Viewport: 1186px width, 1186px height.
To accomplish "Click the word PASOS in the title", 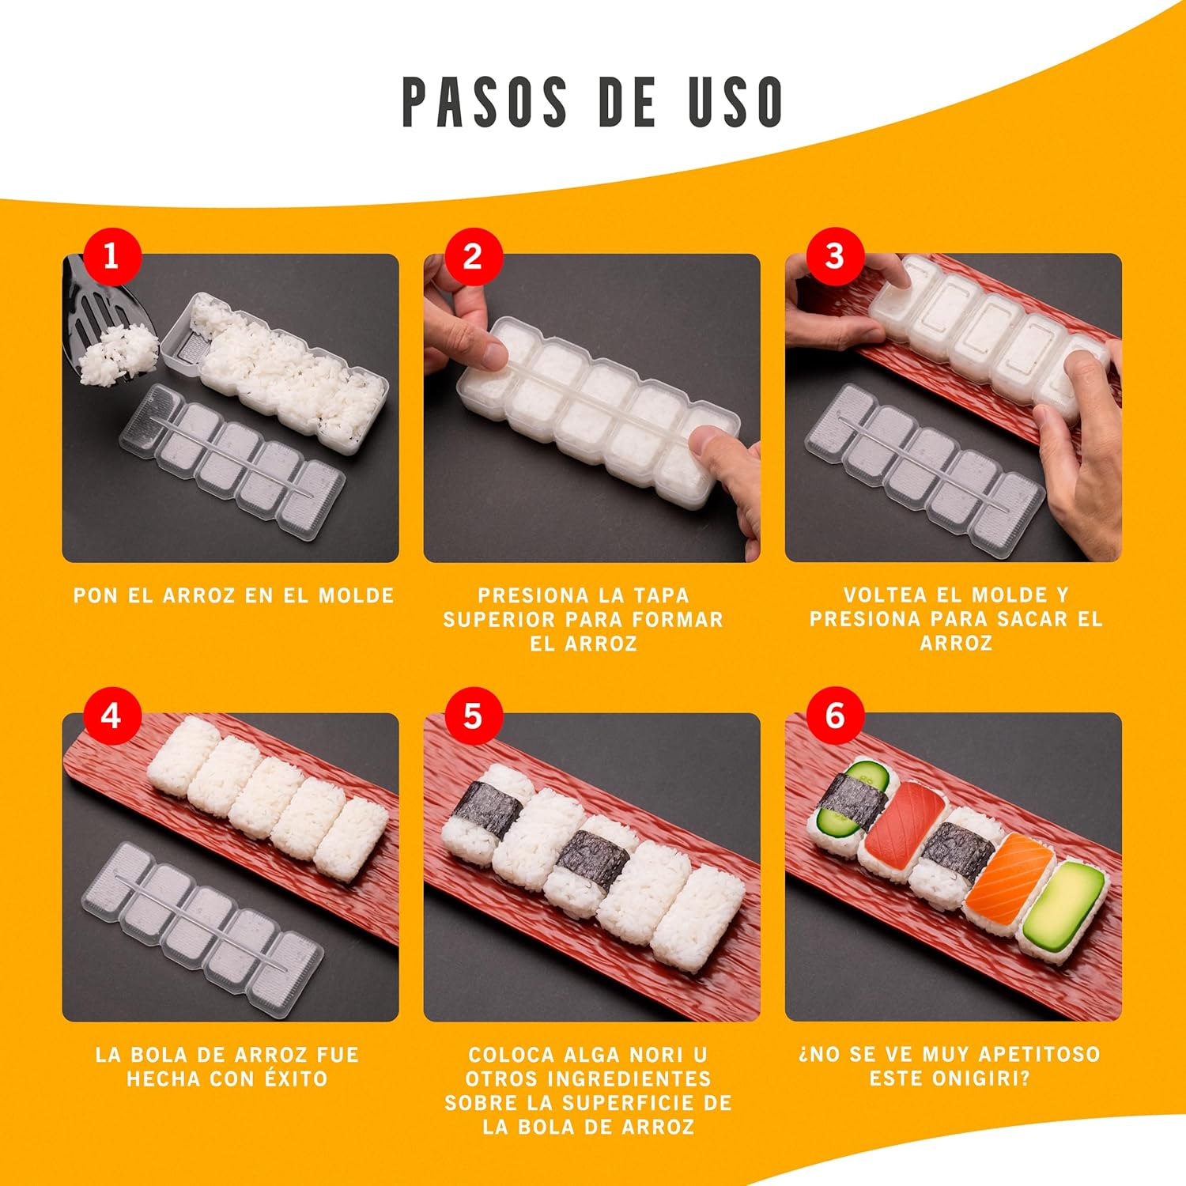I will click(484, 102).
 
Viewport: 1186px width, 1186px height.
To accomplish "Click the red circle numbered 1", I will click(111, 256).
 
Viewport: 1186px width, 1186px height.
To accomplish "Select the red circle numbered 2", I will click(473, 256).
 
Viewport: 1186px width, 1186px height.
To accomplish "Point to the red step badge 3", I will click(834, 256).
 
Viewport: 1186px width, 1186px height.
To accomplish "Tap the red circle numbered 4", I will click(111, 716).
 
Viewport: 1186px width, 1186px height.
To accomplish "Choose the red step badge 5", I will click(473, 716).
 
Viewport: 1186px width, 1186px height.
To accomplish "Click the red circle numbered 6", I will click(834, 716).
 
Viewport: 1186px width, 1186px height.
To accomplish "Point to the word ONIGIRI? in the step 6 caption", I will click(988, 1078).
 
